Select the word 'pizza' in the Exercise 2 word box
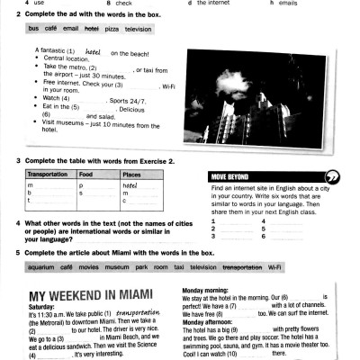112,28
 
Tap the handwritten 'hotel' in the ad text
92,53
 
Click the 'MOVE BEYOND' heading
237,176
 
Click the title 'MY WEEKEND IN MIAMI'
88,295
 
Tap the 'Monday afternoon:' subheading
212,322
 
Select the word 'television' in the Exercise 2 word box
139,28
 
